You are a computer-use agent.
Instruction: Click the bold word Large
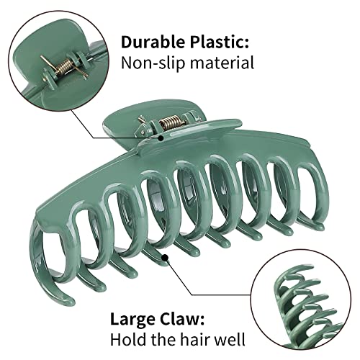[x=132, y=320]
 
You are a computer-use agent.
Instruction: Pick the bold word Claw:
[x=181, y=319]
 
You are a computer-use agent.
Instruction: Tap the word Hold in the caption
[x=127, y=339]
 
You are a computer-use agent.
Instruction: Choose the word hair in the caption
[x=195, y=339]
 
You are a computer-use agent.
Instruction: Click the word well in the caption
[x=230, y=339]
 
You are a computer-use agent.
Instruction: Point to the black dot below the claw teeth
[x=165, y=258]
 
